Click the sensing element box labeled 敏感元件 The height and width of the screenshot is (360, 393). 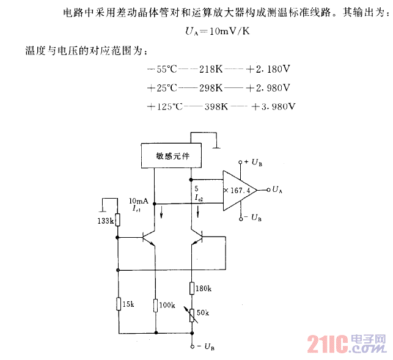tap(170, 156)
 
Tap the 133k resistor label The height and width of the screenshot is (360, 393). tap(105, 221)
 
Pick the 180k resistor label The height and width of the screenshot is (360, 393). tap(204, 288)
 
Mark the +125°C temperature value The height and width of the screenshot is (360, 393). tap(165, 106)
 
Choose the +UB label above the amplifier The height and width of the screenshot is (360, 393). tap(253, 162)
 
